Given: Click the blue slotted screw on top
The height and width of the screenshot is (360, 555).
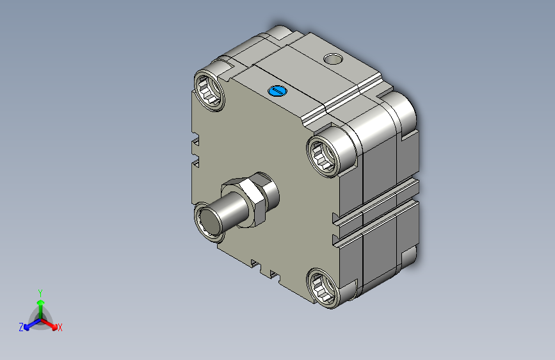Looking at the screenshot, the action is tap(278, 91).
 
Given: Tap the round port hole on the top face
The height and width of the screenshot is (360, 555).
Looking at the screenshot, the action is tap(333, 59).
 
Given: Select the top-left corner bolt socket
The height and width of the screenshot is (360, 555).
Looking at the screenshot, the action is tap(209, 91).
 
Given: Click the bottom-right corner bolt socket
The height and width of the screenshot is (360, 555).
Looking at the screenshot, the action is tap(323, 288).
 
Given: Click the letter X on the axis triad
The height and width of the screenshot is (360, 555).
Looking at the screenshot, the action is tap(60, 328).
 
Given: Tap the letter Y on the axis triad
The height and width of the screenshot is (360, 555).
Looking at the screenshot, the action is tap(40, 293).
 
